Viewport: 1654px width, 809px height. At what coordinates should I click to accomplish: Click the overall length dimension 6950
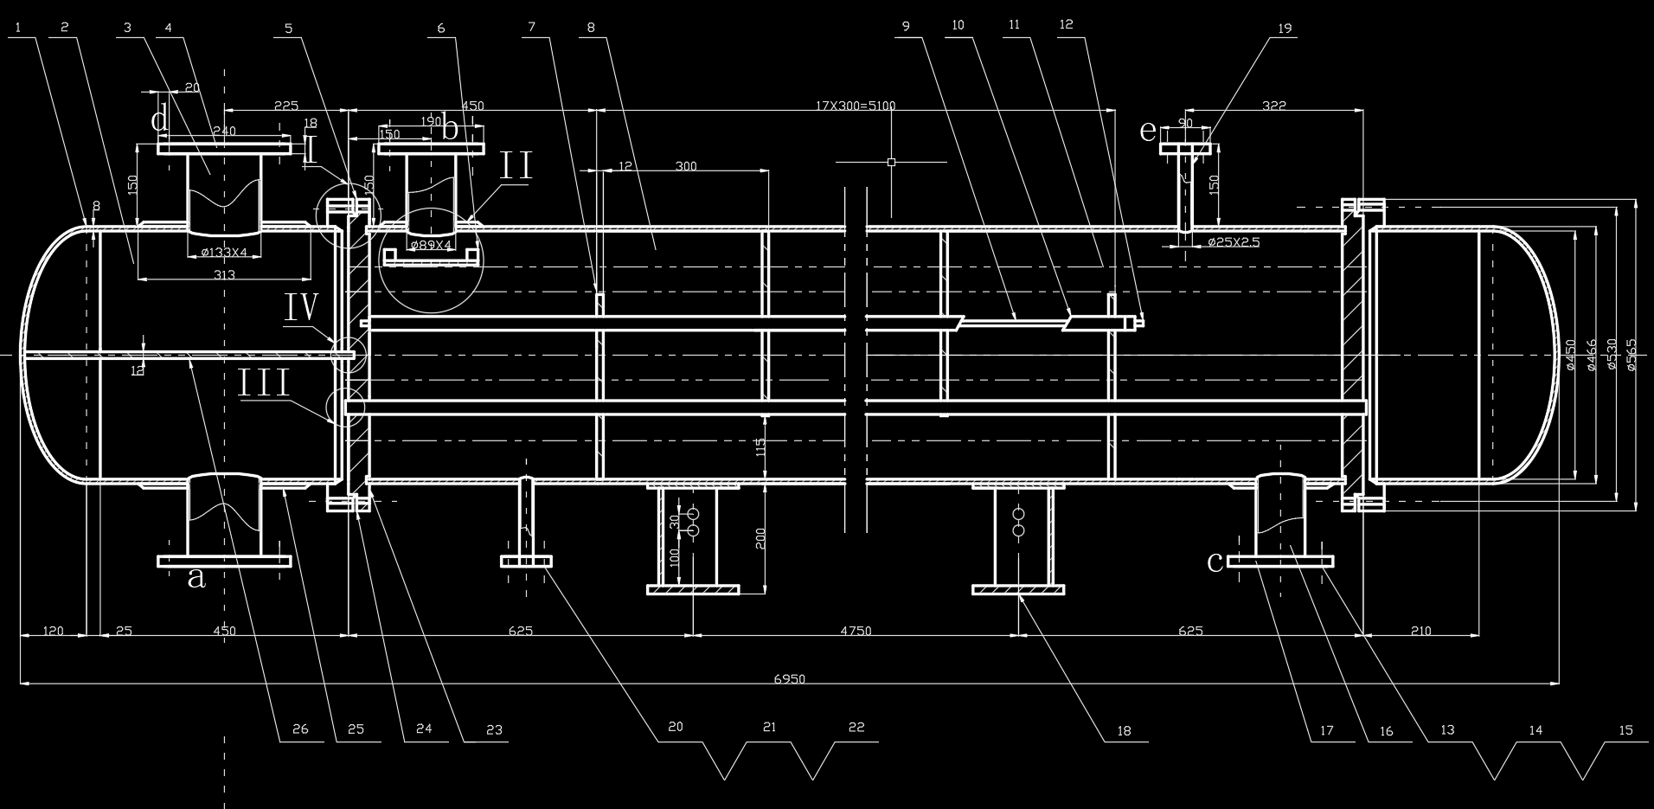[x=789, y=679]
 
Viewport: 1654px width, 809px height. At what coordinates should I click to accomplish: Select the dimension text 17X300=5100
[x=855, y=106]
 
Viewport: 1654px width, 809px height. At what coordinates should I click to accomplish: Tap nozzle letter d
[x=159, y=120]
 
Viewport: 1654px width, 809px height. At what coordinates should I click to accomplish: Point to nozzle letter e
[x=1147, y=132]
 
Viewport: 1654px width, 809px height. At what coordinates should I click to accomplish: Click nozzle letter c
[x=1215, y=562]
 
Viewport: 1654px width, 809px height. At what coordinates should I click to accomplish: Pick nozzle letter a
[x=196, y=576]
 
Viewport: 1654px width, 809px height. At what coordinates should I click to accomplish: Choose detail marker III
[x=264, y=384]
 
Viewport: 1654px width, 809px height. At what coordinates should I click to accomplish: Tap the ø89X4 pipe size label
[x=432, y=245]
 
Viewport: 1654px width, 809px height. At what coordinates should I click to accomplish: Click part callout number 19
[x=1285, y=29]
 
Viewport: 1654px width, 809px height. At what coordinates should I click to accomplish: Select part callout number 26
[x=300, y=729]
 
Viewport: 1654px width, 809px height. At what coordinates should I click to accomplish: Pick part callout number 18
[x=1124, y=731]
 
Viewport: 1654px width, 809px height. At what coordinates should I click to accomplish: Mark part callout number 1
[x=18, y=27]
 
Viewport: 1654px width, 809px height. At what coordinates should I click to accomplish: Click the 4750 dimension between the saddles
[x=856, y=631]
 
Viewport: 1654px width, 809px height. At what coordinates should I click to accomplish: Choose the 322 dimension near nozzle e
[x=1274, y=106]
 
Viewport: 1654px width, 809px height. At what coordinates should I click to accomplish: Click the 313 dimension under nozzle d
[x=224, y=274]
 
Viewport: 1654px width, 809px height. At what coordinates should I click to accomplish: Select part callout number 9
[x=907, y=26]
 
